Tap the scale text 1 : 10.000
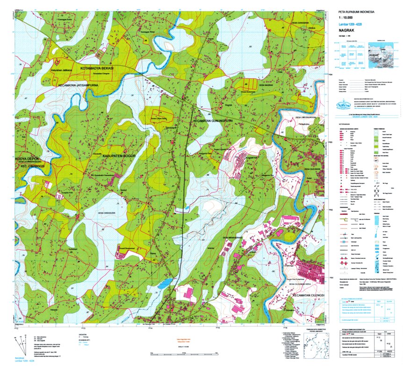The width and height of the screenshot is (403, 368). (x=348, y=17)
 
